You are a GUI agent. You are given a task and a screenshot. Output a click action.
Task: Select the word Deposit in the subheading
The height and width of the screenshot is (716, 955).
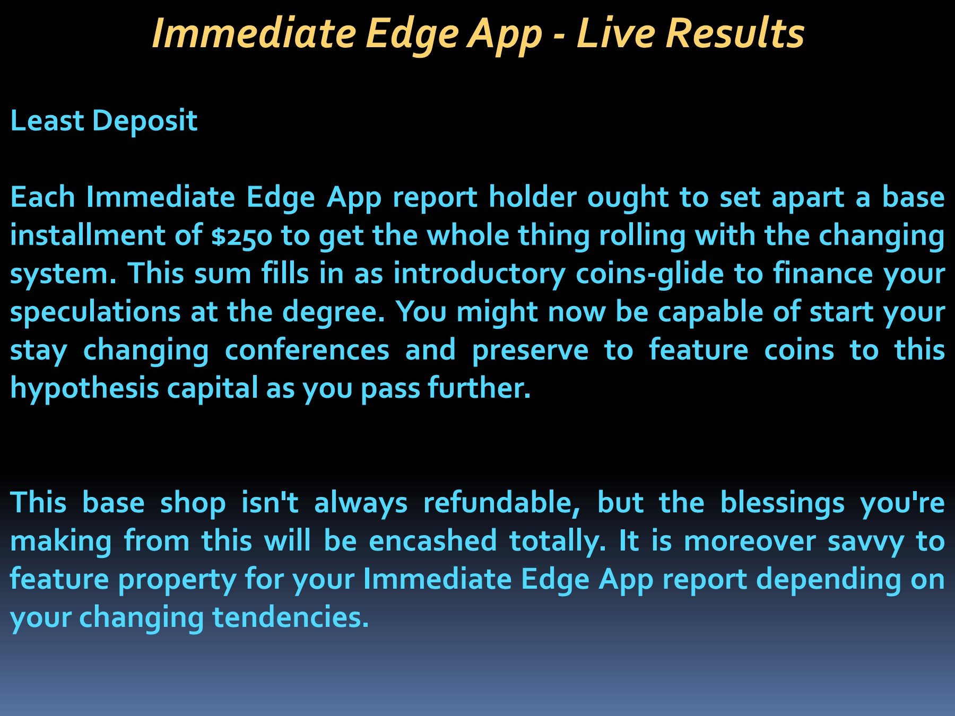(144, 121)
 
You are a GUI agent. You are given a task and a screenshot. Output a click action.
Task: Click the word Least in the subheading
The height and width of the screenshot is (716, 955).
(47, 121)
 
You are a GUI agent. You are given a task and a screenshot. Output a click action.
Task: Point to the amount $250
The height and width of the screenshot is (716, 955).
(241, 237)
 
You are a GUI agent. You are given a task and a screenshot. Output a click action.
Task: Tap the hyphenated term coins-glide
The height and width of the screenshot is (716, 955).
(649, 274)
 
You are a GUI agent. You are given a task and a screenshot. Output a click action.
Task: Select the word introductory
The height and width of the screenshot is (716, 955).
(479, 274)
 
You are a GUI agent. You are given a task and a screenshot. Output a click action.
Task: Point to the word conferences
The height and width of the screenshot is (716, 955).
(307, 351)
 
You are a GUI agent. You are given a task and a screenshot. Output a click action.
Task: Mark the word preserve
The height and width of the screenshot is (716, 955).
(530, 351)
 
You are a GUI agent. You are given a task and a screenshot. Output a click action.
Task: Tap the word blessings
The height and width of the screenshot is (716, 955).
(782, 503)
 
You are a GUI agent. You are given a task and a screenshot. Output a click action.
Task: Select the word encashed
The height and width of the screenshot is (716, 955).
(433, 541)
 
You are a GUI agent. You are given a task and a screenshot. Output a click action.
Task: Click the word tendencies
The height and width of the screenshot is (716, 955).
(290, 617)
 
